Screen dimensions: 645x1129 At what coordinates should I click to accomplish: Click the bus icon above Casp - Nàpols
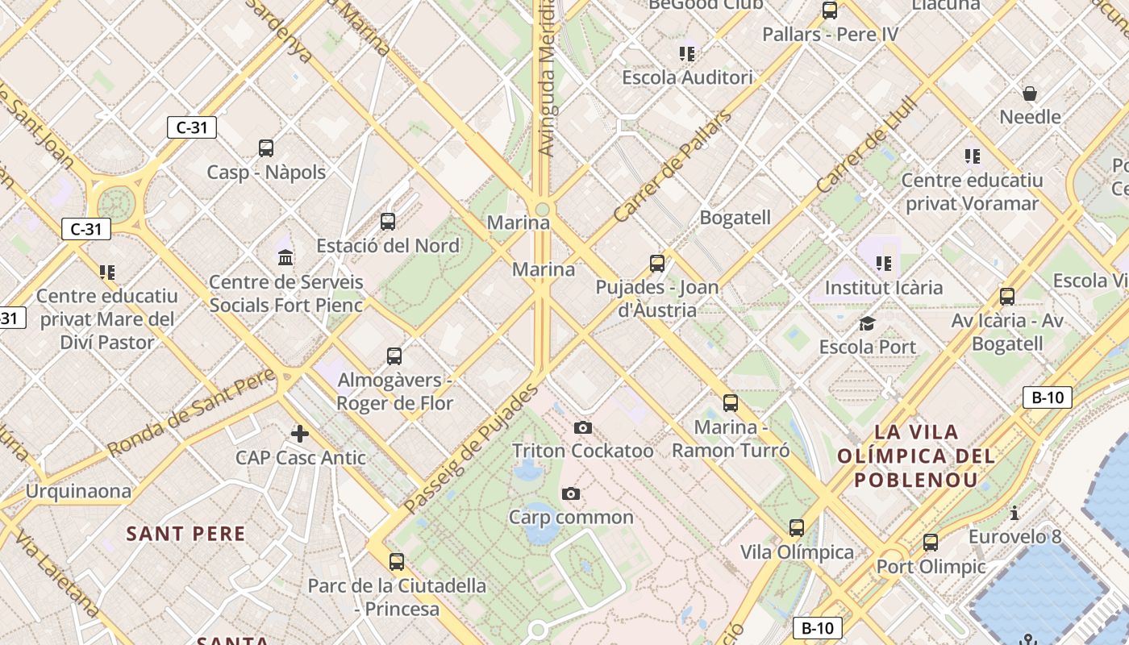pos(266,148)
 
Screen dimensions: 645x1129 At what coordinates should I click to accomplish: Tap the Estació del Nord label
pos(388,246)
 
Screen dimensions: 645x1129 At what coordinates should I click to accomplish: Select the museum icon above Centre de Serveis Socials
pos(285,258)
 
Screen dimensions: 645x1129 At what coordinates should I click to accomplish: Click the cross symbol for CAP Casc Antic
pos(300,434)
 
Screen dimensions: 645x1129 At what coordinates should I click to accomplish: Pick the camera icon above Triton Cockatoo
pos(583,427)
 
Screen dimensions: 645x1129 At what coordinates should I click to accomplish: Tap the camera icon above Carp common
pos(571,493)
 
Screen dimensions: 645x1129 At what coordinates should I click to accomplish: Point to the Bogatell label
pos(735,218)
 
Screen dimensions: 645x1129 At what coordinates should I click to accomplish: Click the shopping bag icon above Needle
pos(1030,94)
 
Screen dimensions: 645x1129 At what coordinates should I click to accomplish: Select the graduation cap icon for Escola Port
pos(867,324)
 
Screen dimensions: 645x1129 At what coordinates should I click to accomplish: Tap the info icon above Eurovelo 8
pos(1014,513)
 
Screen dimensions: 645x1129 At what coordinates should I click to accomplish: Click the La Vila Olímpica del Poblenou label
pos(916,456)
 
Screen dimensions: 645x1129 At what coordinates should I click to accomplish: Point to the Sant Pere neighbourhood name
pos(185,534)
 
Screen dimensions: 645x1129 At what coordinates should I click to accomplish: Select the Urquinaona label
pos(78,491)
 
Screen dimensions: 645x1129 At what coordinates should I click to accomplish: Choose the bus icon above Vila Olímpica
pos(797,528)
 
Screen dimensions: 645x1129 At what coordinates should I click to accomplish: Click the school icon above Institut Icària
pos(884,264)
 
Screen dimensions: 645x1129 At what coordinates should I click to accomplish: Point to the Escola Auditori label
pos(687,78)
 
